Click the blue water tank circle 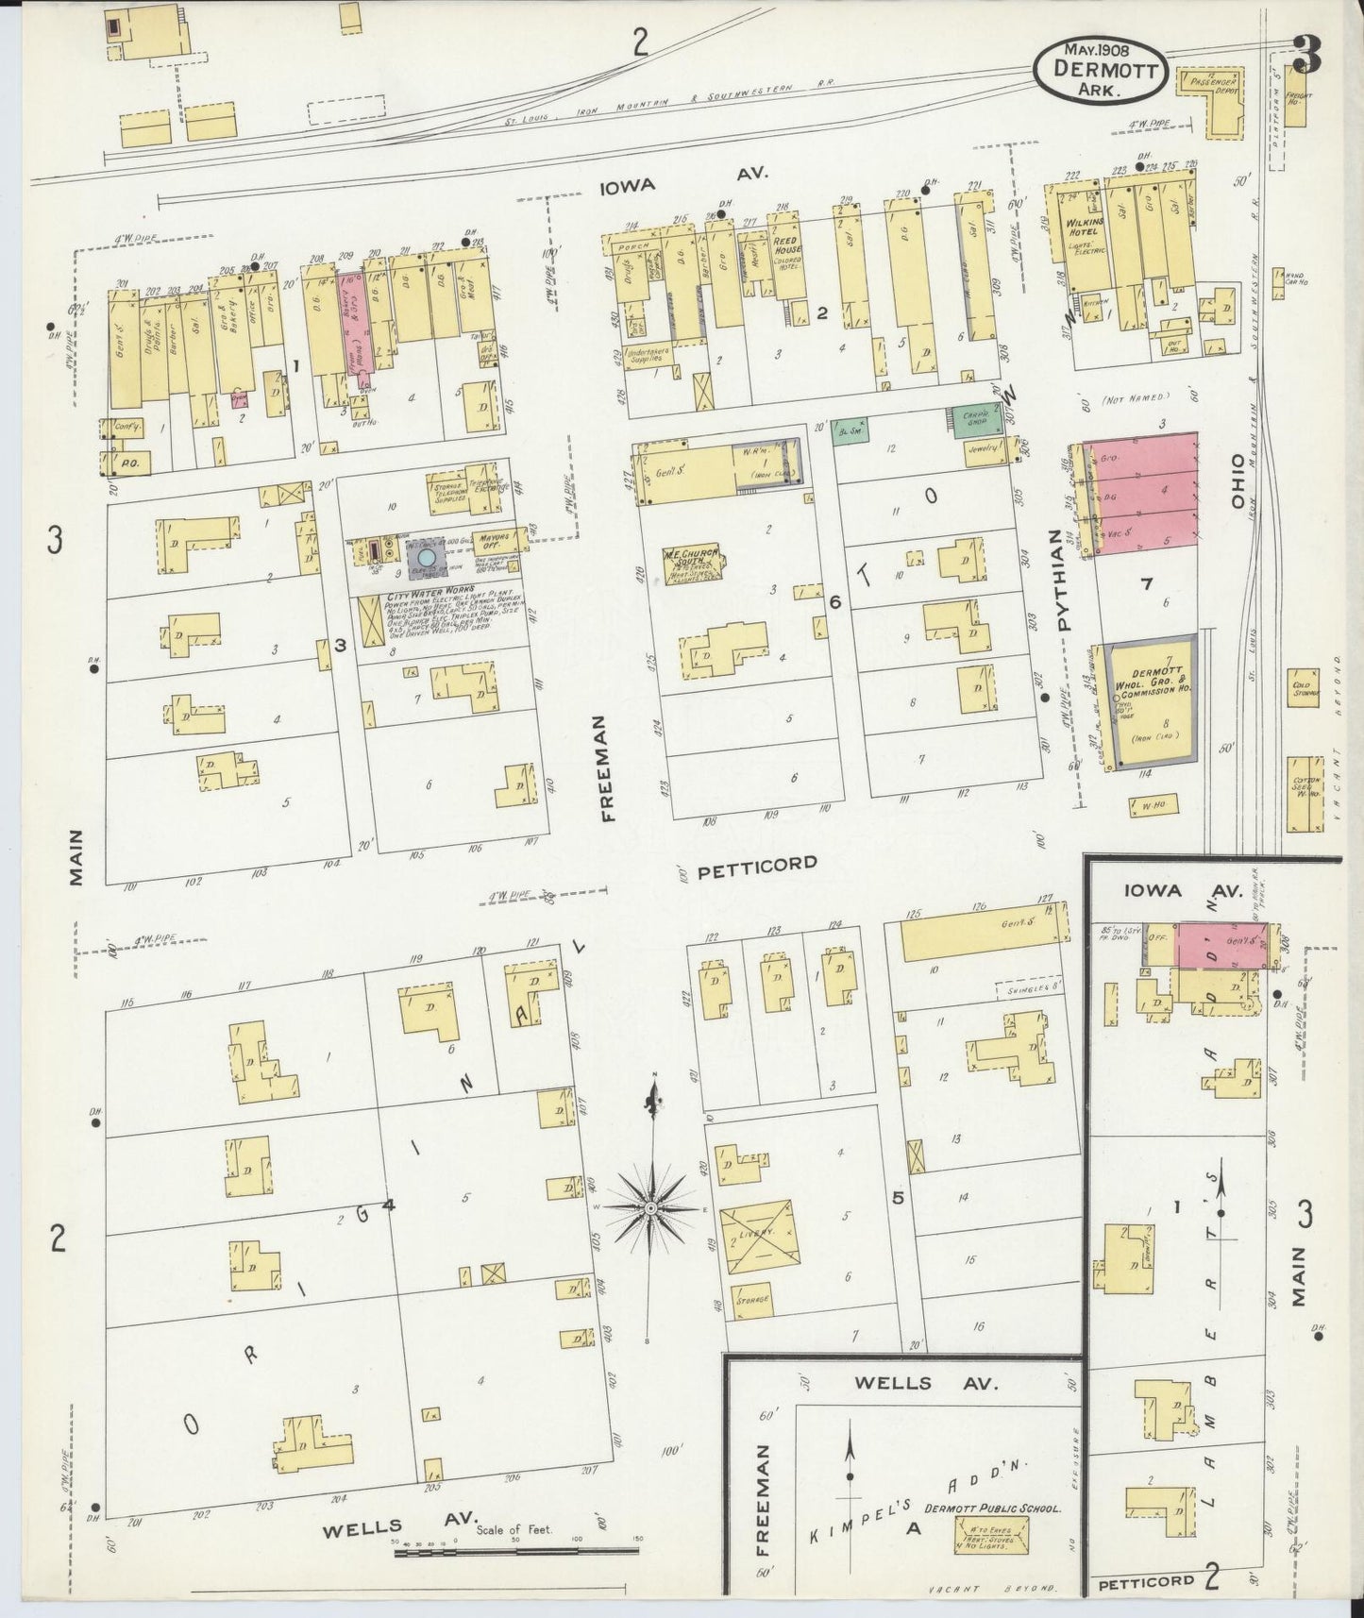[427, 559]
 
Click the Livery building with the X [756, 1235]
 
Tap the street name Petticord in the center [756, 863]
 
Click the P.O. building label [129, 464]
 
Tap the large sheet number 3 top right [1306, 57]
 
